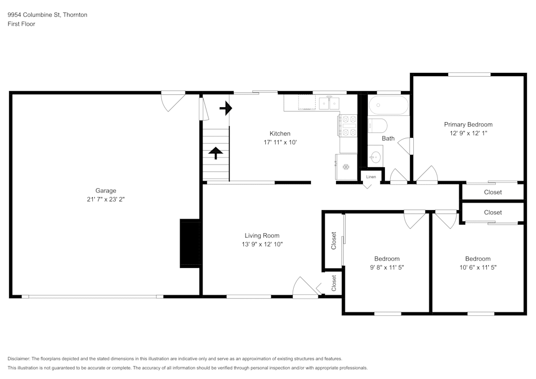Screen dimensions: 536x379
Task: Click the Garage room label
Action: pyautogui.click(x=106, y=190)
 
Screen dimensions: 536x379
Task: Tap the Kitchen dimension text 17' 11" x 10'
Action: pyautogui.click(x=280, y=143)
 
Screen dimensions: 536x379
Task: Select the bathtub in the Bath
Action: pyautogui.click(x=389, y=106)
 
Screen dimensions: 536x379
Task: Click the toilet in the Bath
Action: pyautogui.click(x=377, y=126)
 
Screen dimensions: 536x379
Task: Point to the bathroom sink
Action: pyautogui.click(x=376, y=157)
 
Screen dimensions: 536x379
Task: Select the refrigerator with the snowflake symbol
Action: pyautogui.click(x=345, y=167)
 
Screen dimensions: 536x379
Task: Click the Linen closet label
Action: pyautogui.click(x=371, y=176)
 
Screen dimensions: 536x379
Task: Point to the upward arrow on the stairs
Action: pyautogui.click(x=216, y=153)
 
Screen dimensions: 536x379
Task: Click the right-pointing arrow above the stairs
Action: pyautogui.click(x=226, y=109)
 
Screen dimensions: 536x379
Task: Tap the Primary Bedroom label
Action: pyautogui.click(x=468, y=124)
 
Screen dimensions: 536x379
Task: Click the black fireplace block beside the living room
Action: pyautogui.click(x=190, y=243)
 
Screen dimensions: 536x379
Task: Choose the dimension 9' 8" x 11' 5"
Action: pyautogui.click(x=386, y=267)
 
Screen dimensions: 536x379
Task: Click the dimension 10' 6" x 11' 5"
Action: pyautogui.click(x=478, y=267)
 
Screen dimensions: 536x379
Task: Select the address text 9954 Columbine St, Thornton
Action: pyautogui.click(x=47, y=15)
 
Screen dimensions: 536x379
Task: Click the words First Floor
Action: pyautogui.click(x=21, y=24)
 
